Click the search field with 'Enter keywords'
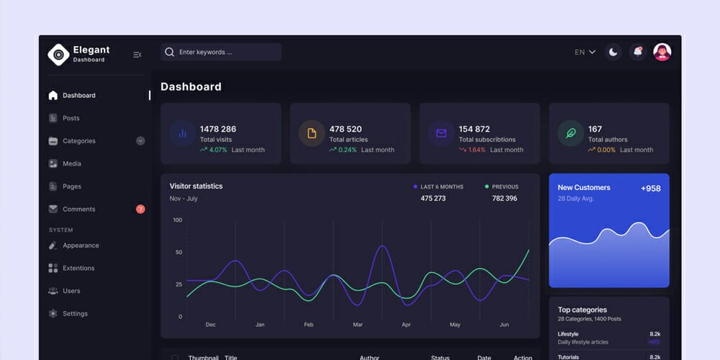tap(220, 53)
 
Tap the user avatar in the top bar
tap(662, 52)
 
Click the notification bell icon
tap(637, 52)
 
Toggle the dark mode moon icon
tap(613, 52)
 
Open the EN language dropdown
tap(585, 52)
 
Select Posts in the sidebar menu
tap(71, 118)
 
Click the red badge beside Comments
tap(140, 210)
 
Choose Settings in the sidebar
tap(75, 314)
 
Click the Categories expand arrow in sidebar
tap(140, 141)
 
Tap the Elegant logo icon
tap(58, 54)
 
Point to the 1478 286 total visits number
tap(218, 130)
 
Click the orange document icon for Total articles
tap(312, 133)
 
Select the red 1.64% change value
tap(477, 150)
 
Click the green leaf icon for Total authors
tap(570, 133)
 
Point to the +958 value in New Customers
tap(650, 189)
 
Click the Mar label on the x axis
tap(357, 325)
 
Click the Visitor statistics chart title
tap(196, 186)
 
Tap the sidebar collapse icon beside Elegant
tap(138, 55)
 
